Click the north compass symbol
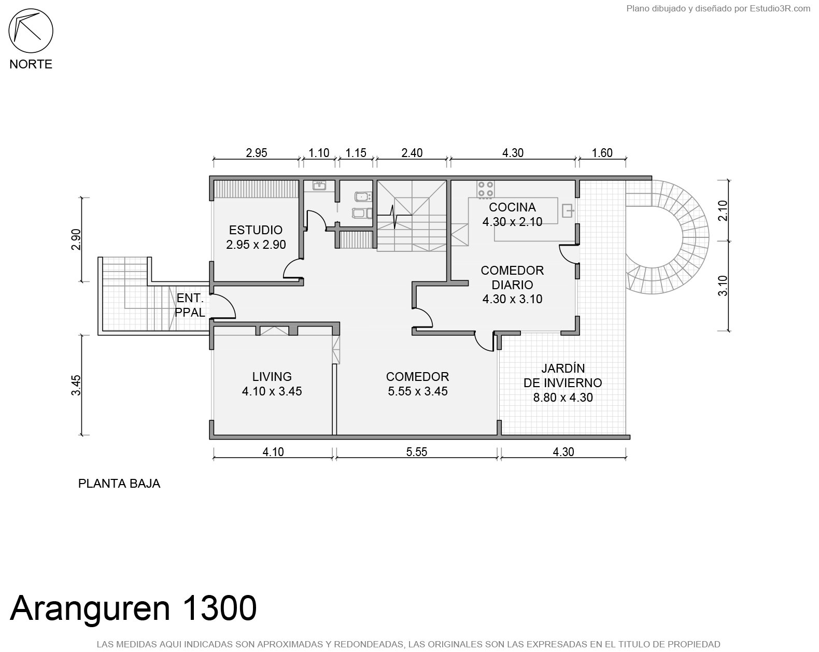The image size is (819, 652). (x=31, y=31)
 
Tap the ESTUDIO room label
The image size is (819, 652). (x=256, y=230)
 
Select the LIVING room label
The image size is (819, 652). (x=272, y=376)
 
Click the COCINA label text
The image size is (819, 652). (x=512, y=207)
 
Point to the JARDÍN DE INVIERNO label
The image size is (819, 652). (x=563, y=376)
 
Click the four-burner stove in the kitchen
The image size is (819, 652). (x=486, y=189)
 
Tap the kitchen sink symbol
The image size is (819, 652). (x=568, y=210)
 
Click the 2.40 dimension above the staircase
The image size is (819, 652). (x=412, y=153)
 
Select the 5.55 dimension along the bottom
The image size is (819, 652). (x=417, y=452)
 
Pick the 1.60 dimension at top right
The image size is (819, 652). (x=602, y=153)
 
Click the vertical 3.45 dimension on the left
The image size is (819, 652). (x=76, y=385)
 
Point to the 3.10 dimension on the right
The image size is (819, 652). (x=723, y=286)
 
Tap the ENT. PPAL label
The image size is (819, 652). (x=190, y=305)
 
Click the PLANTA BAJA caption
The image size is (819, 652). (x=119, y=484)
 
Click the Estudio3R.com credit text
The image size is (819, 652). (x=780, y=8)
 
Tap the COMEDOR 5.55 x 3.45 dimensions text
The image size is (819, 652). (x=417, y=391)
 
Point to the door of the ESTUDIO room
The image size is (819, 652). (x=293, y=268)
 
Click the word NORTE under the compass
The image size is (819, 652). (x=31, y=64)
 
